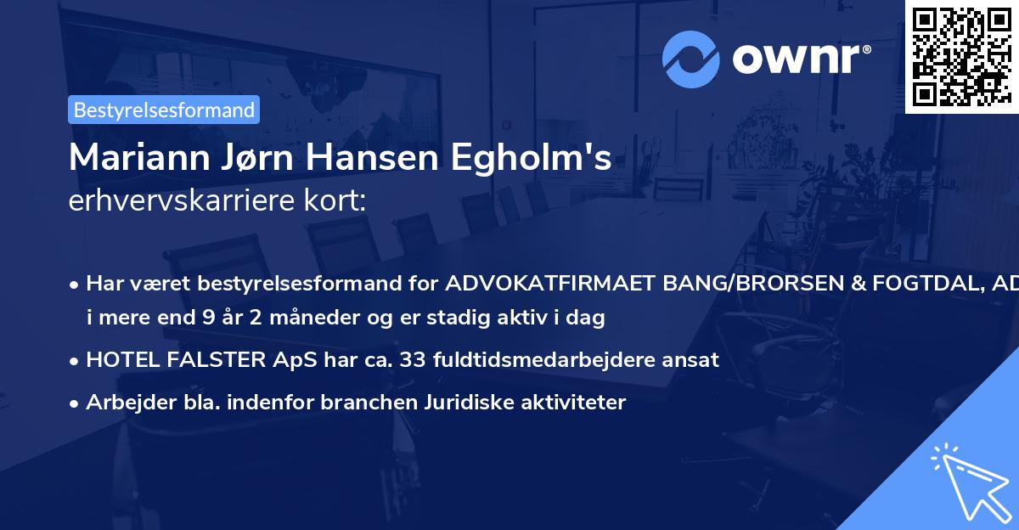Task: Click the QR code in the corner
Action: (x=961, y=56)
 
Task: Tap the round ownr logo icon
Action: (x=692, y=59)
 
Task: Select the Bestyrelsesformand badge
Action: (x=164, y=110)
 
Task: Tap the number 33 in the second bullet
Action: (x=414, y=359)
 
